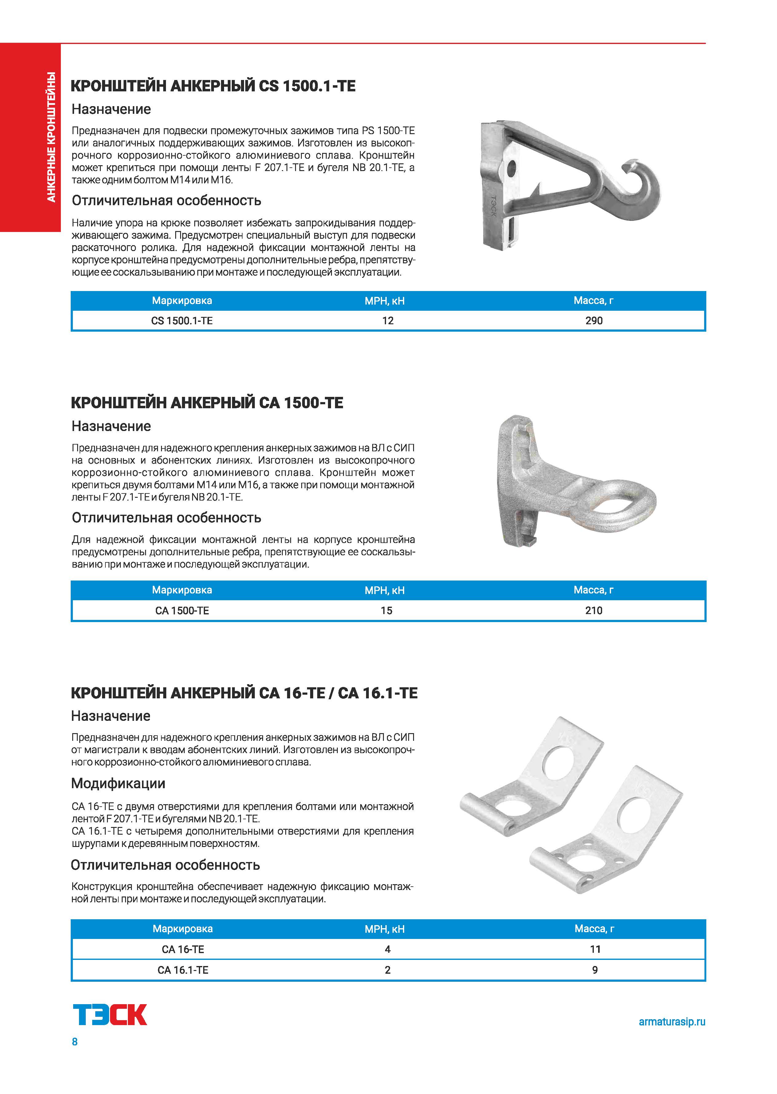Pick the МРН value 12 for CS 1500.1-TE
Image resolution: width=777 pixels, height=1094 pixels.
[x=388, y=321]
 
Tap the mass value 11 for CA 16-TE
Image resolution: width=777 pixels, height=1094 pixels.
[x=595, y=949]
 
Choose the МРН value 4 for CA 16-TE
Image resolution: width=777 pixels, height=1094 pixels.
[x=388, y=949]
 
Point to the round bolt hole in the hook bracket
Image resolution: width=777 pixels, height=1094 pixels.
[x=511, y=168]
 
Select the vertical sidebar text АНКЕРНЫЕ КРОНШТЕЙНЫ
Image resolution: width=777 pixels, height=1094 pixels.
[x=51, y=137]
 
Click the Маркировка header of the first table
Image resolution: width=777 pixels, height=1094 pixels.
[x=182, y=301]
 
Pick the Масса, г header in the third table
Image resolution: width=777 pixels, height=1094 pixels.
[x=594, y=929]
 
